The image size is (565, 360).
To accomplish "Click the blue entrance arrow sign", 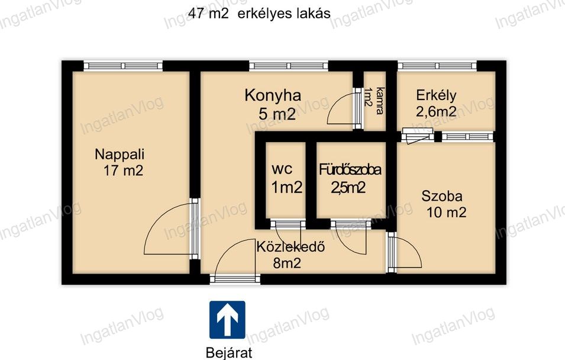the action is click(227, 320).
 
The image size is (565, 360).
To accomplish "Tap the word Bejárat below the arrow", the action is click(229, 352).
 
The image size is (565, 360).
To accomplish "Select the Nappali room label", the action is click(120, 155).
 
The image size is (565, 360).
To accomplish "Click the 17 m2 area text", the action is click(124, 171).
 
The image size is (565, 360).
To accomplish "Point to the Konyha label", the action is click(273, 96).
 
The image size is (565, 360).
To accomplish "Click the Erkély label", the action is click(436, 95).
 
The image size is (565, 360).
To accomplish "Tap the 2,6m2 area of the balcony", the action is click(436, 111).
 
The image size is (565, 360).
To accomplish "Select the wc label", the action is click(282, 169).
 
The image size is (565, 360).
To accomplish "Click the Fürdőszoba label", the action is click(350, 169).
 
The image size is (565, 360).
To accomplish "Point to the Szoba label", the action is click(442, 196).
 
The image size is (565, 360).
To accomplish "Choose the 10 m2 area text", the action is click(447, 212).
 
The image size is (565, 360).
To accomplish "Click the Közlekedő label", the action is click(291, 247).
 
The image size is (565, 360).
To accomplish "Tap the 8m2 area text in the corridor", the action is click(287, 263).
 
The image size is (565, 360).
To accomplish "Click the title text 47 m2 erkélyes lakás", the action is click(260, 14).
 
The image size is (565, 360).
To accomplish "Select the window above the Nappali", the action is click(123, 66).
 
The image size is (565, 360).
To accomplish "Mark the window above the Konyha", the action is click(288, 66).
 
